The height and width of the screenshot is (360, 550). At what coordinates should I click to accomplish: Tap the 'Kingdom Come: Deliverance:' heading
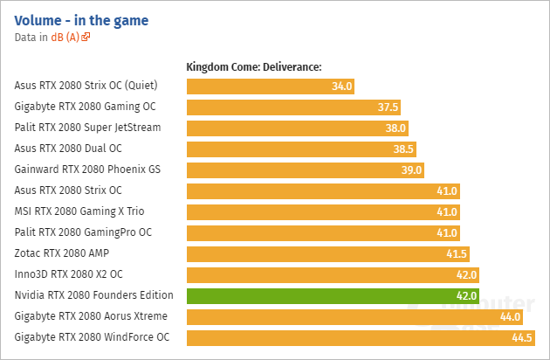255,67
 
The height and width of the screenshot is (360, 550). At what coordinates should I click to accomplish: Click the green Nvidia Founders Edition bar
333,295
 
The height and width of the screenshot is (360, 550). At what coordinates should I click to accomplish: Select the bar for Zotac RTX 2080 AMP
328,253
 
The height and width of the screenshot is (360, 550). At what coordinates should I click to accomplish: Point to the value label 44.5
522,338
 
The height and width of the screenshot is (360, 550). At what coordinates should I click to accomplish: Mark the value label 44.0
510,317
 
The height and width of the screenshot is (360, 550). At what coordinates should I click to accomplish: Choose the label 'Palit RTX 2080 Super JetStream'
87,128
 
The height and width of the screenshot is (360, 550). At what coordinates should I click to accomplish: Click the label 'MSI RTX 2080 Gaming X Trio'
79,211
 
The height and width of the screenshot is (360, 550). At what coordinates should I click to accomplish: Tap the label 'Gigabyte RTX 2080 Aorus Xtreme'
91,316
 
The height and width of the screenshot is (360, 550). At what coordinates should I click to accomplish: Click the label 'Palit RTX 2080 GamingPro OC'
83,232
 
